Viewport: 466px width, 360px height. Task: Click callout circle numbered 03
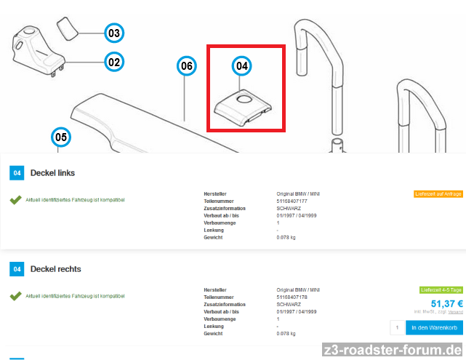pyautogui.click(x=113, y=33)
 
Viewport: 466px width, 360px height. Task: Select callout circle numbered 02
pyautogui.click(x=113, y=62)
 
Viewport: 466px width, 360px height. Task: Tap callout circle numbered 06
pyautogui.click(x=187, y=66)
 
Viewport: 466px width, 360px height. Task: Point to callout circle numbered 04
pyautogui.click(x=242, y=66)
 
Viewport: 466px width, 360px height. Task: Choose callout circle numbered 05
pyautogui.click(x=61, y=136)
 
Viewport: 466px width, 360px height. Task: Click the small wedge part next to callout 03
pyautogui.click(x=68, y=30)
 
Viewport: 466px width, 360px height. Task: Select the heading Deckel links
pyautogui.click(x=52, y=173)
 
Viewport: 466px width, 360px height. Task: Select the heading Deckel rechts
pyautogui.click(x=55, y=269)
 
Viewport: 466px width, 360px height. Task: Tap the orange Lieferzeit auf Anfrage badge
pyautogui.click(x=438, y=194)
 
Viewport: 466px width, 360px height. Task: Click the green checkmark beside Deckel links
pyautogui.click(x=15, y=199)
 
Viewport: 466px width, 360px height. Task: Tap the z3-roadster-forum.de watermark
pyautogui.click(x=393, y=350)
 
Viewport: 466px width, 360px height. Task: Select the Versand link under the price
pyautogui.click(x=455, y=312)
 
